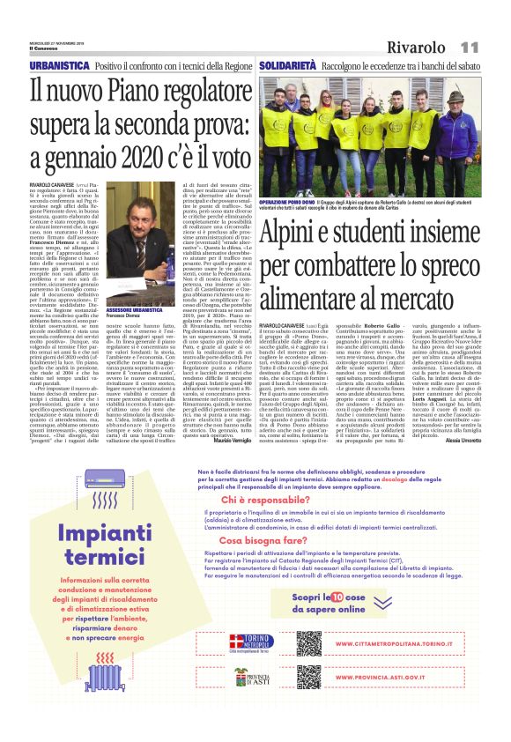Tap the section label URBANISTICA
[59, 67]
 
